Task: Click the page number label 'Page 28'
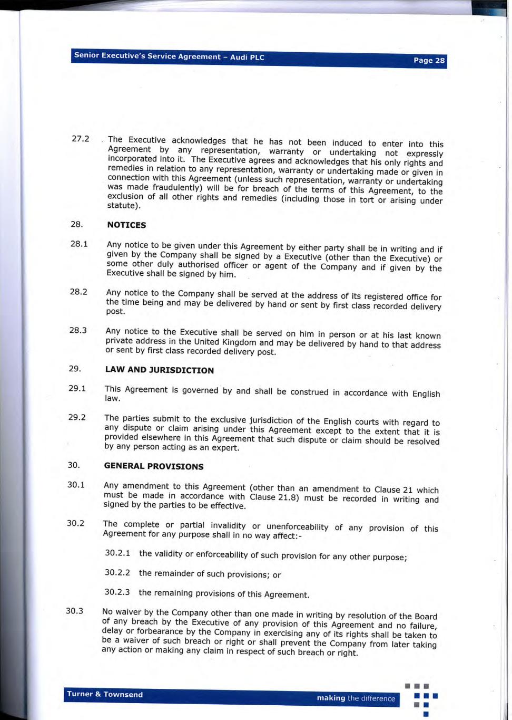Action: (429, 60)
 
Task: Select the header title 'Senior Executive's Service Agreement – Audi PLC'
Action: (169, 56)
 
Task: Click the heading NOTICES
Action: (126, 225)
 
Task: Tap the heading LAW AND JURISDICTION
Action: (159, 370)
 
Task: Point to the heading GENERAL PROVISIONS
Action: (153, 466)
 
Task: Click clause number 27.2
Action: (80, 139)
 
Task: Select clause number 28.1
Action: (79, 244)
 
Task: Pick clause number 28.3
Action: (78, 330)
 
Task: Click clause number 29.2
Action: (77, 417)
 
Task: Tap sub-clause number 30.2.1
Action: (117, 553)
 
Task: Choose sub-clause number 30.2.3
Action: (117, 592)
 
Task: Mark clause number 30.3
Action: (74, 611)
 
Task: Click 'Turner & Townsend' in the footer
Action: (105, 694)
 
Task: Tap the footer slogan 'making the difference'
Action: (356, 698)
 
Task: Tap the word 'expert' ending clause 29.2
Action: (225, 448)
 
